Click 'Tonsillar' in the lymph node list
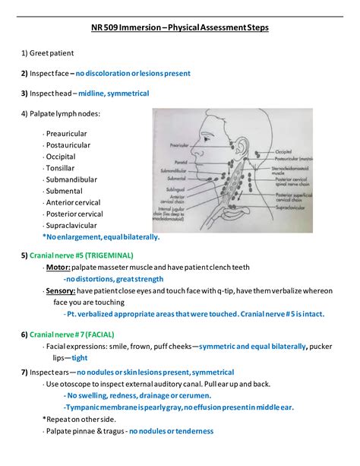(x=60, y=167)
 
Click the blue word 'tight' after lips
(x=80, y=357)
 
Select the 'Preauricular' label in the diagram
(x=179, y=144)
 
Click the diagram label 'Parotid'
(x=180, y=161)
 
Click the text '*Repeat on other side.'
(x=79, y=419)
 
